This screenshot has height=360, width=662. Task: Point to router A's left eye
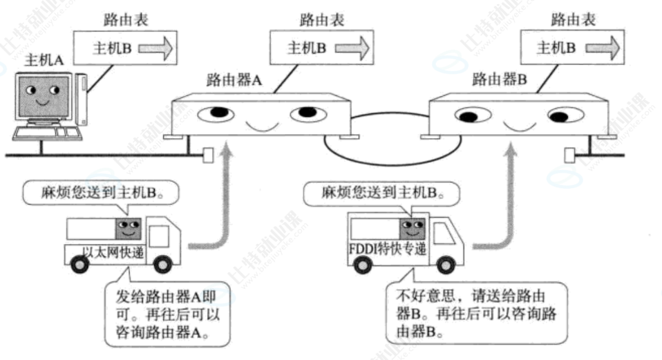click(x=215, y=112)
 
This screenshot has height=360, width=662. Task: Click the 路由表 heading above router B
click(x=571, y=20)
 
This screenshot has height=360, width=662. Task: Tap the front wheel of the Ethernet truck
click(x=162, y=265)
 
